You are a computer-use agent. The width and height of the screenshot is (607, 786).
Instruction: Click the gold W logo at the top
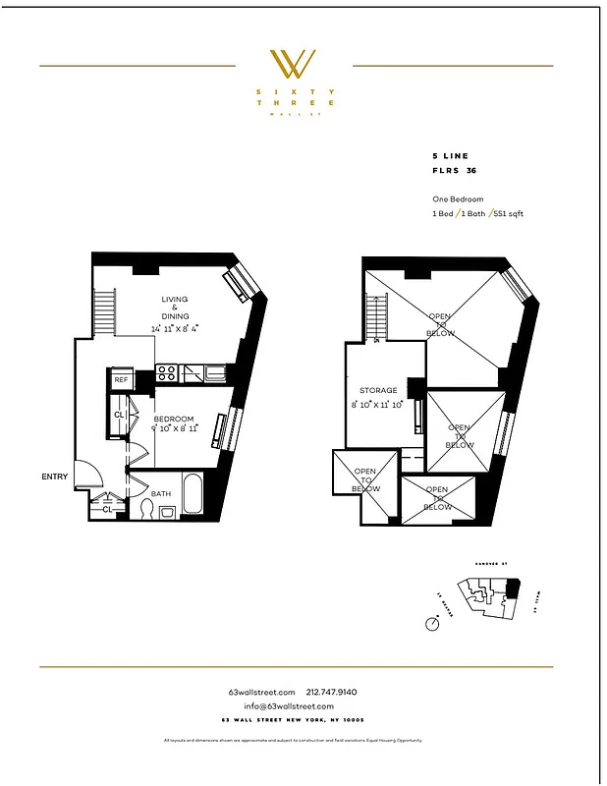pos(293,65)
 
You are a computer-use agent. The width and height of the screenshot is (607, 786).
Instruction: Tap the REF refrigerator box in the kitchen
pos(121,379)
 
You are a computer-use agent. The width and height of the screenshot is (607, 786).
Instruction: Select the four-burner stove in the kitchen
pos(167,373)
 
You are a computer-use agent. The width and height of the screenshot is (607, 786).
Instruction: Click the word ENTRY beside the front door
pos(55,477)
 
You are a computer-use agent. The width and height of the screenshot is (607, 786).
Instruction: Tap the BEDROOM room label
pos(175,419)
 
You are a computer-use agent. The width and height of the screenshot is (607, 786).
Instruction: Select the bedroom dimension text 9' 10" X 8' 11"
pos(175,429)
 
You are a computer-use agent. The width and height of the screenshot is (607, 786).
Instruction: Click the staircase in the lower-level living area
pos(105,312)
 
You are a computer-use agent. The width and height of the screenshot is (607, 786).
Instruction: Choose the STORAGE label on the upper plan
pos(377,390)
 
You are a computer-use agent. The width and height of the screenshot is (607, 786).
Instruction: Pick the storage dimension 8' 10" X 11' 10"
pos(377,404)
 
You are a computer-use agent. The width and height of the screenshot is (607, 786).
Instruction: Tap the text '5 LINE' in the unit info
pos(451,156)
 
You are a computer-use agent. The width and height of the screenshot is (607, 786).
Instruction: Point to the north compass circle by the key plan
pos(432,624)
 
